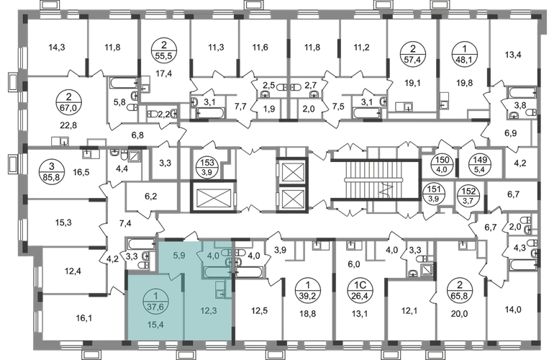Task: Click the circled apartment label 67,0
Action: [x=68, y=102]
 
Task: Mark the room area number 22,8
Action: [x=68, y=125]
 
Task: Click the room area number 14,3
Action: [x=57, y=47]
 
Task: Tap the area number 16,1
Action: [x=83, y=318]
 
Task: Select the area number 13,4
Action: [x=513, y=55]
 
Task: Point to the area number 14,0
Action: [x=513, y=310]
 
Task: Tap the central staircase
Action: [x=375, y=180]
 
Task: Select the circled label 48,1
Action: [x=464, y=54]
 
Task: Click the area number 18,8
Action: [x=308, y=313]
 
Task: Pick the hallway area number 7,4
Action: [x=125, y=223]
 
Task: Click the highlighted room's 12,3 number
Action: [x=209, y=311]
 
